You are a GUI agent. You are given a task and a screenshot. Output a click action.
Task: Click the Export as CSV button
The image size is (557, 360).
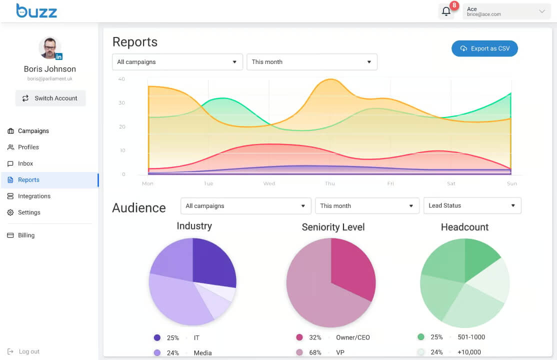pyautogui.click(x=484, y=48)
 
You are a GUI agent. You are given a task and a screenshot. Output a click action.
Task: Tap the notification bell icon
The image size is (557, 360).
pyautogui.click(x=446, y=11)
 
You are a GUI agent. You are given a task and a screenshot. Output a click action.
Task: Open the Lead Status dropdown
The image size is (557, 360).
pyautogui.click(x=472, y=205)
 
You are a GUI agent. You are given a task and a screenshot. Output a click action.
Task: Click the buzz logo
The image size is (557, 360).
pyautogui.click(x=36, y=10)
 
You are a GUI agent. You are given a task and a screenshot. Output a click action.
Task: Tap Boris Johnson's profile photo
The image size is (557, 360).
pyautogui.click(x=50, y=47)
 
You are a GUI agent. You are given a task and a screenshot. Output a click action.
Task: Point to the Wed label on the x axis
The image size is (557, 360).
pyautogui.click(x=269, y=183)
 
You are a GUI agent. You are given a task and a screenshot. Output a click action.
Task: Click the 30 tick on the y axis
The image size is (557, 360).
pyautogui.click(x=121, y=102)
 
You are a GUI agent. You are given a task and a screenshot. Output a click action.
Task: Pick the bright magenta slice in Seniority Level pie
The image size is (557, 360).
pyautogui.click(x=351, y=266)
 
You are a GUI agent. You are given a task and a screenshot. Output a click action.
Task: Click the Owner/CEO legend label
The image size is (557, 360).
pyautogui.click(x=352, y=337)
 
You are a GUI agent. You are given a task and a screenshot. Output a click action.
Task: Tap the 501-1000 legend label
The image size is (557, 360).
pyautogui.click(x=471, y=337)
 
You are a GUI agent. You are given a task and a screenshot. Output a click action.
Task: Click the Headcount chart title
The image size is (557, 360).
pyautogui.click(x=464, y=227)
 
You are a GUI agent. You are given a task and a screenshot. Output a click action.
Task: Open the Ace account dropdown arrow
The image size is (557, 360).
pyautogui.click(x=541, y=11)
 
